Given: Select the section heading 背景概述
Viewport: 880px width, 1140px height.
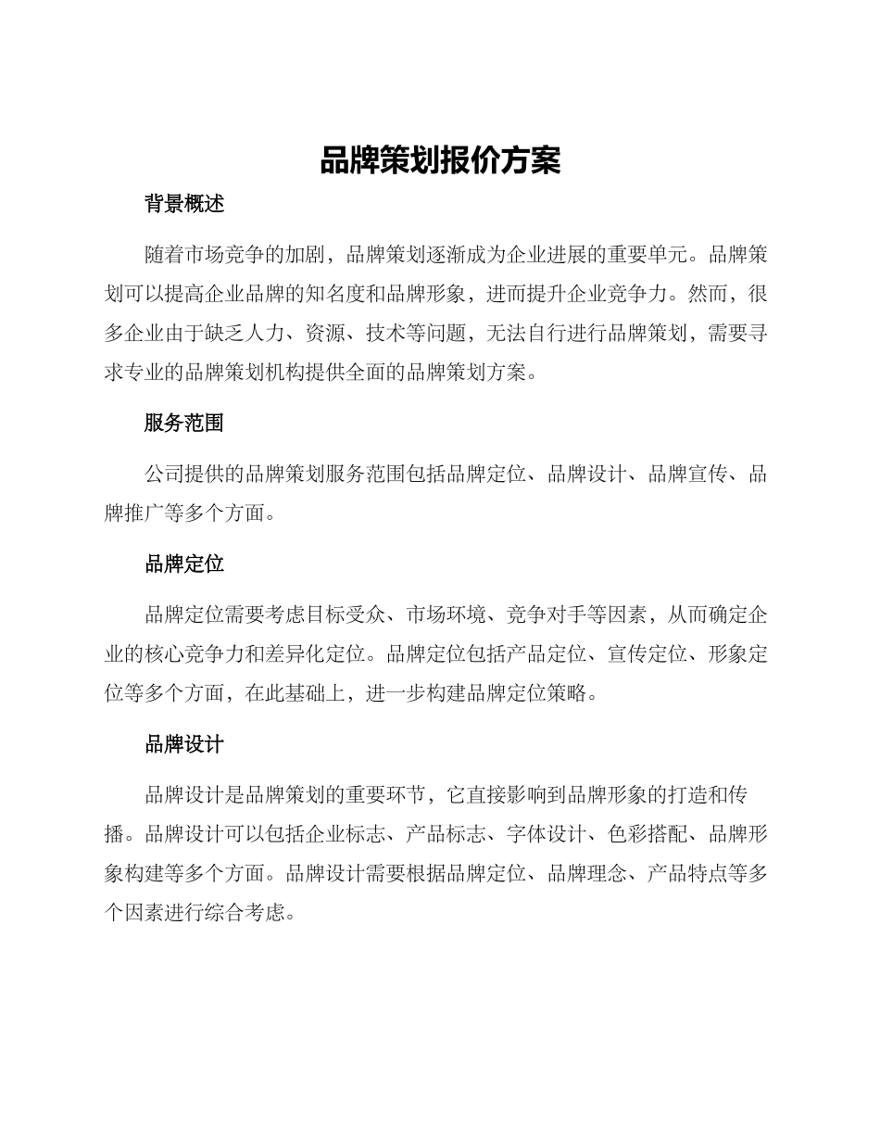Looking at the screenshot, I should [x=184, y=205].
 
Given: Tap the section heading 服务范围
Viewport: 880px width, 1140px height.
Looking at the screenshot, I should [x=184, y=424].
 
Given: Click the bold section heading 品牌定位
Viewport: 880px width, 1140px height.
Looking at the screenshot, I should [x=184, y=564].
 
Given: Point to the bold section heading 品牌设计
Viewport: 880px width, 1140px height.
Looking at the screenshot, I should [x=184, y=744].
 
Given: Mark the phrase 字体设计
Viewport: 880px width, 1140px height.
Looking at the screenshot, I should [x=546, y=833].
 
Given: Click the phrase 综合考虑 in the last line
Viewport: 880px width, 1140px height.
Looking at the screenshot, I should [x=245, y=913].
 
